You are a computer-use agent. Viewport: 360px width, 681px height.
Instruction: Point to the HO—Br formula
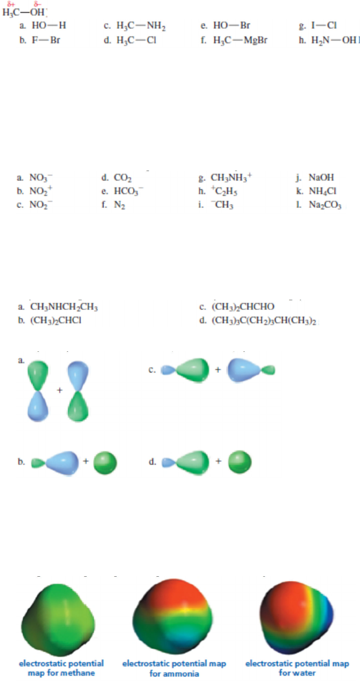click(232, 26)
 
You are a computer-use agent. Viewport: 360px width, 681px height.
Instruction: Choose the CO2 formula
click(123, 177)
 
